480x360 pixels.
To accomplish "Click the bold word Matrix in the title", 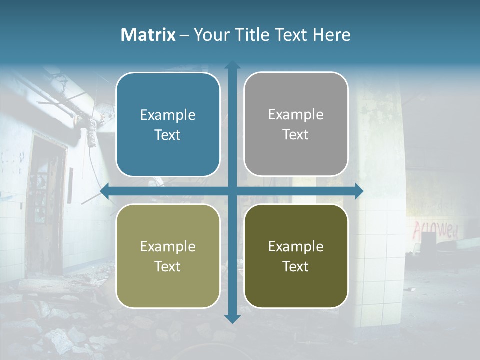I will click(148, 35).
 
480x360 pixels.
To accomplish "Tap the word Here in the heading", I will click(331, 35).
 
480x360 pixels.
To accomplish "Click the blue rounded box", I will click(168, 125).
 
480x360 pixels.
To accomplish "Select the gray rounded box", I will click(296, 124).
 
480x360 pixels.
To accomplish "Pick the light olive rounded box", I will click(168, 256).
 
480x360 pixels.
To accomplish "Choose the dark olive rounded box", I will click(296, 256).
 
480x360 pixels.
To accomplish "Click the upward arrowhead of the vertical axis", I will click(232, 65).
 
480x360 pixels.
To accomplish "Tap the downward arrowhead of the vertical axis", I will click(232, 318).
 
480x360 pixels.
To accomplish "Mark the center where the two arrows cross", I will click(232, 191).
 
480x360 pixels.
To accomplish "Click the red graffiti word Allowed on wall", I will click(435, 230).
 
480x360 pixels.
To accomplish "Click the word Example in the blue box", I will click(168, 115).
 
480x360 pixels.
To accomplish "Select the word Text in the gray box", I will click(296, 135).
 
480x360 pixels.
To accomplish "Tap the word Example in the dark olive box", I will click(296, 246).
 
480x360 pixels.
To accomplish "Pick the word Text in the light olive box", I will click(168, 266).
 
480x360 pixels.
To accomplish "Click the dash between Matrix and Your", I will click(184, 35).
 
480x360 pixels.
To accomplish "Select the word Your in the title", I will click(208, 35).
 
